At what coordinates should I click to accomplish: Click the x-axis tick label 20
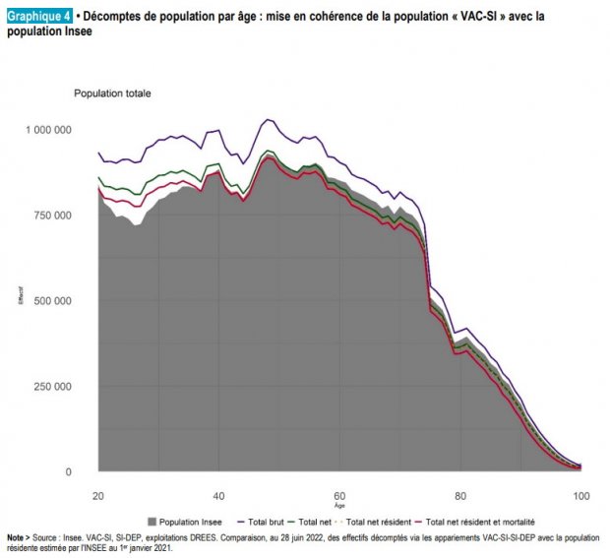[98, 494]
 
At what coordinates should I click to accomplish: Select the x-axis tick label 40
[218, 494]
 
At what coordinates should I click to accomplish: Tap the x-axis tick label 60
[339, 494]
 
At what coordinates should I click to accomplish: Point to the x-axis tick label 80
[459, 494]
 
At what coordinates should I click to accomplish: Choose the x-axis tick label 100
[580, 494]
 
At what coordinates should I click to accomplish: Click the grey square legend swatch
[151, 521]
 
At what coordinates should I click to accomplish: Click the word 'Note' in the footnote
[16, 537]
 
